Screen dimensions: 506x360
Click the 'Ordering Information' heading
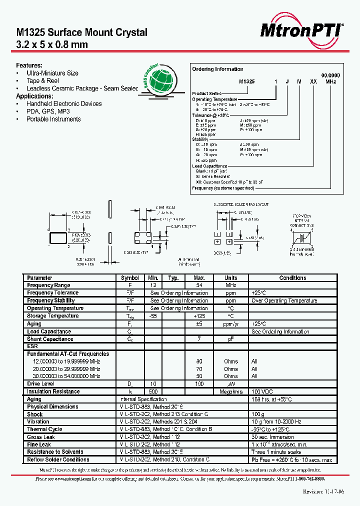click(x=218, y=69)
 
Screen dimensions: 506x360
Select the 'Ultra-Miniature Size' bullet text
click(x=52, y=73)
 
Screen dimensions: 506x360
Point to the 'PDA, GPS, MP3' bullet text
click(x=48, y=111)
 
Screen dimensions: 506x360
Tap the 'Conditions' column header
click(x=292, y=277)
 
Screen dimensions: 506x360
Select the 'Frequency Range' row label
click(x=48, y=285)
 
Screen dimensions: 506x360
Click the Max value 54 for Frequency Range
click(x=199, y=285)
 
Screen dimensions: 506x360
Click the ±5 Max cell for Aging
click(x=199, y=323)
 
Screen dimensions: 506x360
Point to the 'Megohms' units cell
click(x=231, y=391)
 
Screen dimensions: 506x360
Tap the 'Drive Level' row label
click(x=41, y=384)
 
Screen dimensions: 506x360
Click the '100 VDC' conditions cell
click(x=263, y=391)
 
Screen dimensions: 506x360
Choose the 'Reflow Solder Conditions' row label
click(x=58, y=459)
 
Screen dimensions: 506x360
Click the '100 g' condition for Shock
click(x=257, y=414)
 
